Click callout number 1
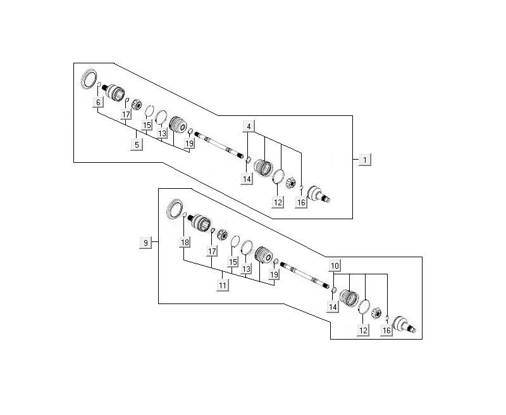pyautogui.click(x=364, y=160)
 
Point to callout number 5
pyautogui.click(x=136, y=144)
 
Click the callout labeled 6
pyautogui.click(x=98, y=103)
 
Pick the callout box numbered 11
pyautogui.click(x=222, y=285)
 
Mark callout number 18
pyautogui.click(x=185, y=243)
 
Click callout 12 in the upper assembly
pyautogui.click(x=277, y=202)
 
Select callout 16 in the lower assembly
pyautogui.click(x=386, y=329)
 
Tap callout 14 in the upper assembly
pyautogui.click(x=247, y=179)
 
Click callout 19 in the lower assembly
pyautogui.click(x=274, y=274)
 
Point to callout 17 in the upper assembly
pyautogui.click(x=126, y=115)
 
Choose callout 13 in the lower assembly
pyautogui.click(x=247, y=269)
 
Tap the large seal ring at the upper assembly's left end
pyautogui.click(x=89, y=80)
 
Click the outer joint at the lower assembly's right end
pyautogui.click(x=402, y=324)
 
